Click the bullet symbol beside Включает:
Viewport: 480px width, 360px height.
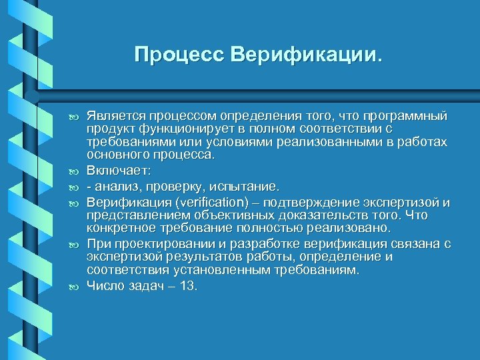coord(74,171)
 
